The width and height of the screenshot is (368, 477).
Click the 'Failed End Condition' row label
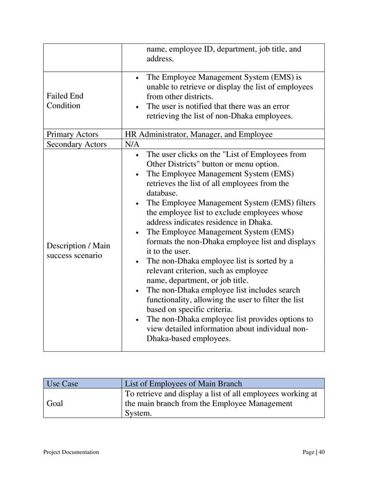(64, 101)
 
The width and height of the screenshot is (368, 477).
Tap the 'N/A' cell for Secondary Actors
(132, 144)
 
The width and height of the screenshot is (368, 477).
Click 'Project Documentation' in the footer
(71, 452)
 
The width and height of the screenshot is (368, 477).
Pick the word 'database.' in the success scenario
(163, 193)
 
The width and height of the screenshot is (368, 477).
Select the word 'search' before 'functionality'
(288, 290)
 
